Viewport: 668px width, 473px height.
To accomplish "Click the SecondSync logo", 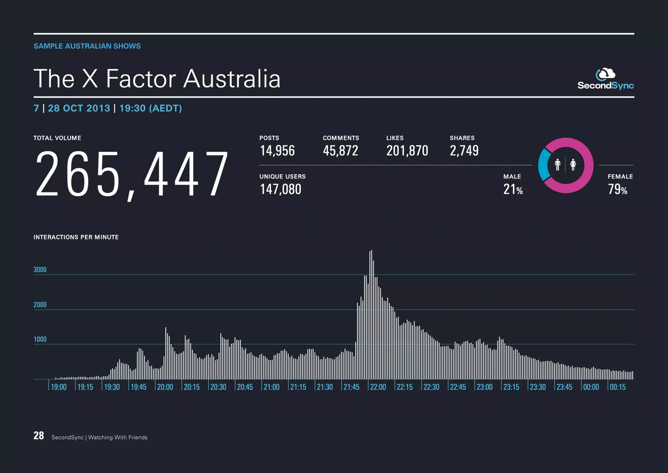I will tap(605, 79).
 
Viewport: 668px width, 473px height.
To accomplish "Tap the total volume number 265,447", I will tap(131, 174).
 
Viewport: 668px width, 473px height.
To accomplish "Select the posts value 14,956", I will tap(277, 151).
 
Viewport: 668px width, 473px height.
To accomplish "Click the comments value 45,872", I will tap(341, 151).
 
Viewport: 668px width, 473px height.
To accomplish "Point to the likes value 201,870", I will tap(407, 151).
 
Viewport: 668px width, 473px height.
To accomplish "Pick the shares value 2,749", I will tap(464, 151).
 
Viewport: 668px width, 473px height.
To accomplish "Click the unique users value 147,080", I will tap(281, 189).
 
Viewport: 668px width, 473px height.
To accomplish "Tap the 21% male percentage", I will tap(513, 189).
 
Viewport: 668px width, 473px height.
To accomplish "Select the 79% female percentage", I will tap(617, 189).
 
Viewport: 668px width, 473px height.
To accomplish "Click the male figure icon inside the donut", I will tap(558, 165).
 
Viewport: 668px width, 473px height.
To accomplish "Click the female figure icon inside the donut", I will tap(573, 165).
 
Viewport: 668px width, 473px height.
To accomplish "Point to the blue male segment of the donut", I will tap(543, 165).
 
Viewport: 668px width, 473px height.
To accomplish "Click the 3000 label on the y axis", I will tap(40, 270).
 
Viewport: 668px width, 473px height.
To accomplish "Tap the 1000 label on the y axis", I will tap(40, 339).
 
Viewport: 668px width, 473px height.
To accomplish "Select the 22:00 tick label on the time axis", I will tap(378, 387).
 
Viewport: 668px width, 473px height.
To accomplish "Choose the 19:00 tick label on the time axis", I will tap(59, 387).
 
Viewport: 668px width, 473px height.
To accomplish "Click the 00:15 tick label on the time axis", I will tap(618, 387).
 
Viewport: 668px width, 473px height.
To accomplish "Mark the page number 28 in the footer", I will tap(39, 436).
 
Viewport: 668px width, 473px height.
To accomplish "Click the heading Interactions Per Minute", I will tap(76, 237).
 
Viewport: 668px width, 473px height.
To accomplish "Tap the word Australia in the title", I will tap(232, 79).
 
